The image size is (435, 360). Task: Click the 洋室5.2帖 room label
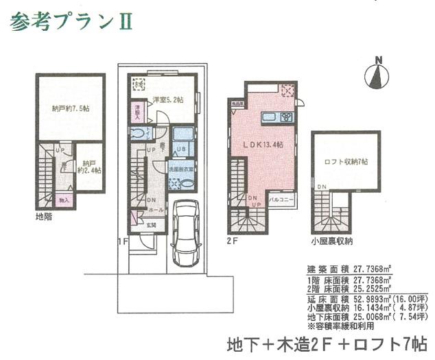coord(167,100)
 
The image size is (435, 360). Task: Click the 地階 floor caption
coord(44,217)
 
